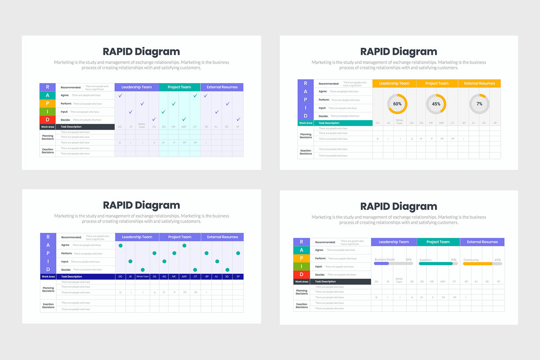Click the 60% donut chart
pos(397,104)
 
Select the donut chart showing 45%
pos(436,104)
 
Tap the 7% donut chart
pos(479,104)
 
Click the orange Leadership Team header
pos(394,83)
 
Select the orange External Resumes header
pos(479,83)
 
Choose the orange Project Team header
pos(437,83)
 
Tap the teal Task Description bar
pos(345,123)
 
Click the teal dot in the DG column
pos(121,245)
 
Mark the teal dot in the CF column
pos(195,270)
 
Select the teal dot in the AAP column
pos(184,245)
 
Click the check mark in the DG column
pos(120,95)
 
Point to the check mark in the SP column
pos(238,119)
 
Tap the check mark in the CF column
pos(195,95)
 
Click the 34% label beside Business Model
pos(409,260)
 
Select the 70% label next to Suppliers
pos(454,260)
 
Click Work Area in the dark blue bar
pos(48,277)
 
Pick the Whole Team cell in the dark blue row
pos(143,277)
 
